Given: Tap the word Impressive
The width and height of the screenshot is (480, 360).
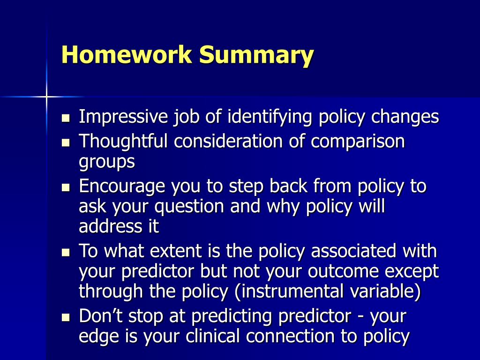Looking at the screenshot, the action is pos(123,116).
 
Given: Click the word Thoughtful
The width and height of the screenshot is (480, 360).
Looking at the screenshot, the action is pos(123,141).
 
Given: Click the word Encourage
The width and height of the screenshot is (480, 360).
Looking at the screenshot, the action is pos(122,187).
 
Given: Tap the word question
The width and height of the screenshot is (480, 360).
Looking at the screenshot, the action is pos(189,207).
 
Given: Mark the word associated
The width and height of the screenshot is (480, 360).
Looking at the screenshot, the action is pos(353,251).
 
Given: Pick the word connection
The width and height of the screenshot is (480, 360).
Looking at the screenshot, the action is pos(290,336).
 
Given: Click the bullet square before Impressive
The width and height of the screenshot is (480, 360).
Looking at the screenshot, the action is pos(66,118).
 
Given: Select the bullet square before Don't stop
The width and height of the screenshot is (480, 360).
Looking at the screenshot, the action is pos(66,317).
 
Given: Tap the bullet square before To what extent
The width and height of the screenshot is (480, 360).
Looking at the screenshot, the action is pos(66,252).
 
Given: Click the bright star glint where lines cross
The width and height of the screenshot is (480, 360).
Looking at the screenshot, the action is pos(46,97).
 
